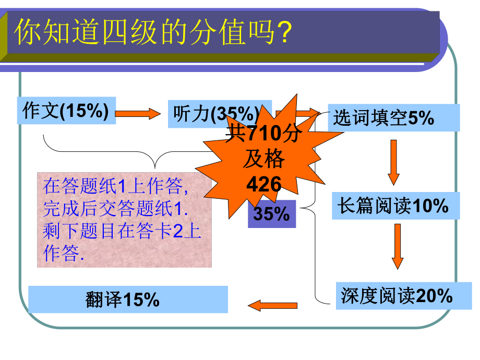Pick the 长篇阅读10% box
[x=395, y=206]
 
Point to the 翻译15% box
[x=127, y=299]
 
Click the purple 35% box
[x=271, y=214]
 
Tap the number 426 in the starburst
[x=264, y=184]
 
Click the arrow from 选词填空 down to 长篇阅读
[x=393, y=162]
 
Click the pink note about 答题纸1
[x=125, y=220]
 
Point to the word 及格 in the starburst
[x=264, y=159]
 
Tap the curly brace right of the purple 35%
[x=311, y=211]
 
